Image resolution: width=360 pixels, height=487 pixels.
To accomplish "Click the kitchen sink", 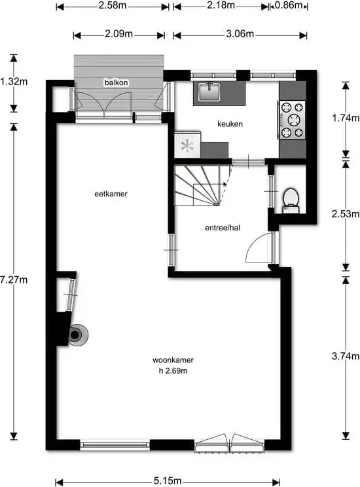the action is coord(209,92).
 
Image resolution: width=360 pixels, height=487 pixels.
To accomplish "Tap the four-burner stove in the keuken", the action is coord(293,120).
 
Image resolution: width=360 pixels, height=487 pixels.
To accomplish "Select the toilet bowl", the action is coord(291,200).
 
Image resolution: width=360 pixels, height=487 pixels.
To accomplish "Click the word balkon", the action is coord(116,82).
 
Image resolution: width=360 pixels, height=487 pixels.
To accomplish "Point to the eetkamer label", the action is coord(111,194).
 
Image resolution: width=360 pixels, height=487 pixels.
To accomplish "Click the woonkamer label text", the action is coord(173,360).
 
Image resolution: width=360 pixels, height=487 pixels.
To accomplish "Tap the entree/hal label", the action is coord(223,228).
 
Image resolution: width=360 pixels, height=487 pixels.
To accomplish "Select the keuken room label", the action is coord(230,124).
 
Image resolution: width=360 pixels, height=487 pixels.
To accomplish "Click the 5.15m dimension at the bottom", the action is coord(168,481).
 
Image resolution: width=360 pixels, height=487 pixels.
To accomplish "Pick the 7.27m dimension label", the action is coord(14,280).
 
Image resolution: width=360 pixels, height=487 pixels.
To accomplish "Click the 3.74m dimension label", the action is coord(346,356).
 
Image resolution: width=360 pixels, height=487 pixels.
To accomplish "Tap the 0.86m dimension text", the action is coord(289,5).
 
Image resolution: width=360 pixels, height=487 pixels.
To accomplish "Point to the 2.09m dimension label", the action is coord(118,33).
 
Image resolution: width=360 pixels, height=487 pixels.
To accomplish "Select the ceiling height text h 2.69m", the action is coord(173,370).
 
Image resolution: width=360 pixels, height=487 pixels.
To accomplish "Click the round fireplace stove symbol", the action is coord(77,335).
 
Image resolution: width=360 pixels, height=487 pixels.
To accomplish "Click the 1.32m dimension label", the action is coord(14,82).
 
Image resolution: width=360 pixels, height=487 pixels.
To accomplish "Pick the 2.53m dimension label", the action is coord(346,214).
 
